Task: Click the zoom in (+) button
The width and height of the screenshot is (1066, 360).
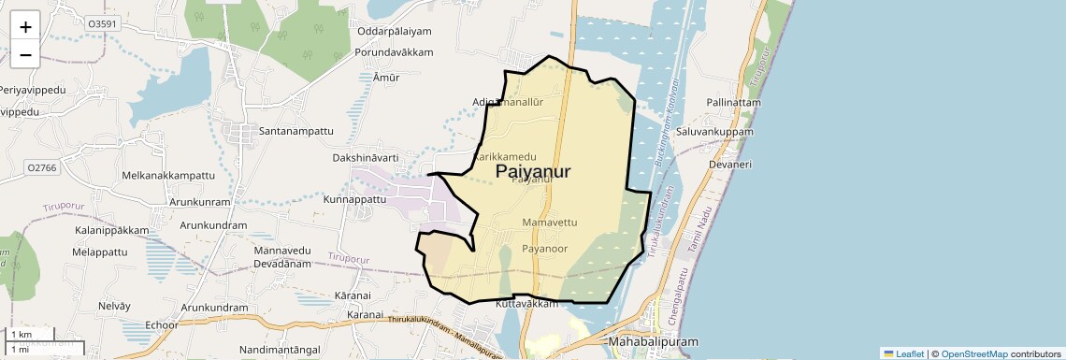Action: point(25,26)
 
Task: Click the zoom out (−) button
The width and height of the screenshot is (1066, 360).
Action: point(25,54)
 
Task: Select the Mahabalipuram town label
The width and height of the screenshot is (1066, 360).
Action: point(653,343)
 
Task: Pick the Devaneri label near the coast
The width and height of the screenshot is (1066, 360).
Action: point(730,164)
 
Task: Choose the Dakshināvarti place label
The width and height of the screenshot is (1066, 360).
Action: point(366,158)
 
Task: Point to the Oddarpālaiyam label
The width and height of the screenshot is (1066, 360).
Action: point(396,31)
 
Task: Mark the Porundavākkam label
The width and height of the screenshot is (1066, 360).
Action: point(394,52)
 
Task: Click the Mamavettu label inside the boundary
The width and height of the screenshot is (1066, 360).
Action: point(550,223)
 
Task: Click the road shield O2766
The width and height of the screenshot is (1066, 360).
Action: point(43,166)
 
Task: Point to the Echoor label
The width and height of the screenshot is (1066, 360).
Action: point(162,325)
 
